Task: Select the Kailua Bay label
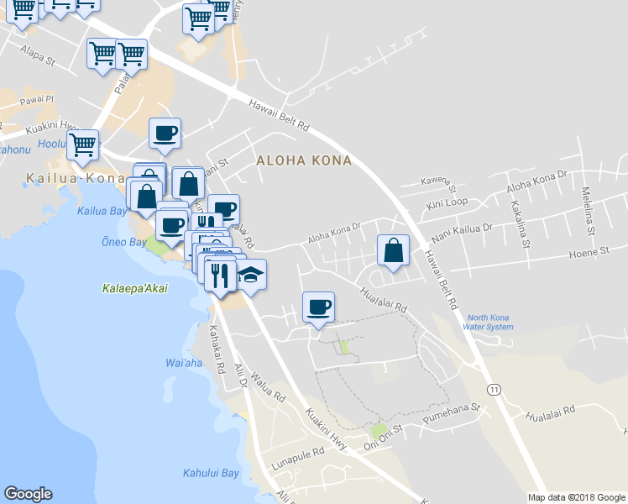(x=102, y=211)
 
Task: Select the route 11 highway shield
(x=495, y=389)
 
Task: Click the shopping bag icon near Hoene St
(x=393, y=249)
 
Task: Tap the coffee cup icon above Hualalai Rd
(x=318, y=307)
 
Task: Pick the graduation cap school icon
(x=250, y=275)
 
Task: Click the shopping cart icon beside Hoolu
(x=82, y=144)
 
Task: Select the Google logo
(x=28, y=494)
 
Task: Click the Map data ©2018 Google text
(x=576, y=497)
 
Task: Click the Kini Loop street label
(x=447, y=203)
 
